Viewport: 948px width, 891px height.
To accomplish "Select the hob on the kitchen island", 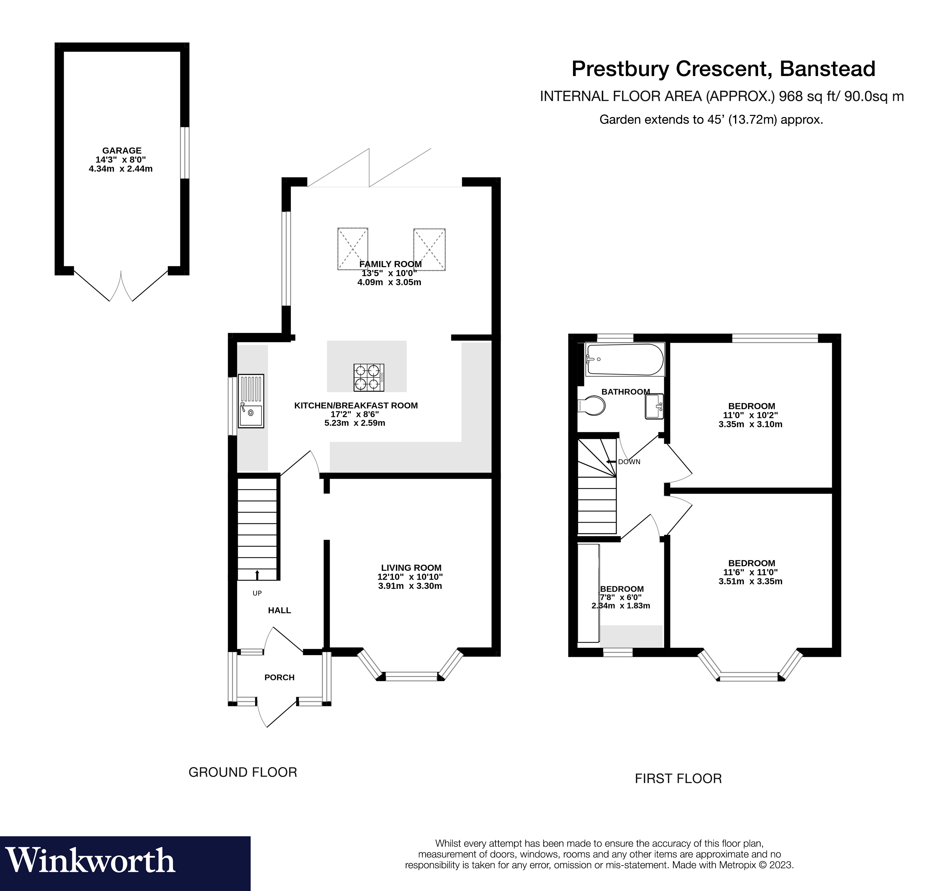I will pyautogui.click(x=369, y=378).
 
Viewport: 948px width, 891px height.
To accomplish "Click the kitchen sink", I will pyautogui.click(x=251, y=401).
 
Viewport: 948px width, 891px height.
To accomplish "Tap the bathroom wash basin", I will pyautogui.click(x=654, y=406).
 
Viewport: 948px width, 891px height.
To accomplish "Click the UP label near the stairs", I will pyautogui.click(x=257, y=593).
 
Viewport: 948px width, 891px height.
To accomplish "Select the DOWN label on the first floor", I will pyautogui.click(x=629, y=461).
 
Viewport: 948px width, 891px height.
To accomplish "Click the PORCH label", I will pyautogui.click(x=279, y=678).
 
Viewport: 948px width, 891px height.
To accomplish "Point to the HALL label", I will pyautogui.click(x=279, y=610).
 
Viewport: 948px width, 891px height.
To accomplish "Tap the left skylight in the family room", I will pyautogui.click(x=353, y=249).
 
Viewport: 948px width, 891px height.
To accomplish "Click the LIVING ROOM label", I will pyautogui.click(x=411, y=568).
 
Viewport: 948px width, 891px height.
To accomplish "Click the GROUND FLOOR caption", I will pyautogui.click(x=243, y=772).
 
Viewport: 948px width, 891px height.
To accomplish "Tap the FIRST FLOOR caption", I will pyautogui.click(x=678, y=778).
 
